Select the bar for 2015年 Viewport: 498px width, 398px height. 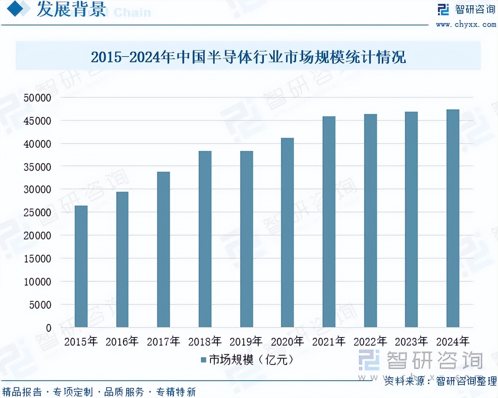click(x=81, y=266)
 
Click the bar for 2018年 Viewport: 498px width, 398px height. click(x=205, y=239)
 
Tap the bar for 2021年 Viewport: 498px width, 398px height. click(x=329, y=222)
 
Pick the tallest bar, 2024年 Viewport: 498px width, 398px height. click(x=453, y=218)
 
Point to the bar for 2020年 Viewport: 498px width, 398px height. click(x=287, y=232)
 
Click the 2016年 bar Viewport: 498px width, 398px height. click(x=122, y=259)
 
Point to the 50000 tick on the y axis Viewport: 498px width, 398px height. click(x=37, y=98)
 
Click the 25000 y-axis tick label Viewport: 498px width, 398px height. click(x=37, y=212)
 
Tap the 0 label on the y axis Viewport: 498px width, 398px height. click(x=48, y=328)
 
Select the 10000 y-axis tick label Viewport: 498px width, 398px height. click(x=37, y=282)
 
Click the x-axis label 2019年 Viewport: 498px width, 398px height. click(x=246, y=341)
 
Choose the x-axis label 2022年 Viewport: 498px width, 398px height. click(x=370, y=341)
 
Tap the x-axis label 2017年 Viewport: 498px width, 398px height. click(x=164, y=341)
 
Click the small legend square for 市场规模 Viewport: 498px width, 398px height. click(x=204, y=360)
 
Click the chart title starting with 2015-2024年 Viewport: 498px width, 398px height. click(x=248, y=57)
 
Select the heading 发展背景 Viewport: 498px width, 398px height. click(x=71, y=9)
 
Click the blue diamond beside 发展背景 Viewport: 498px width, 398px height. click(x=15, y=8)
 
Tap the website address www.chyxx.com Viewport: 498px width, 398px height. click(x=466, y=24)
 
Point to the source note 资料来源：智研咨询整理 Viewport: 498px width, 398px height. click(x=440, y=381)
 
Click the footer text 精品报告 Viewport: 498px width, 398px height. click(x=22, y=392)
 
